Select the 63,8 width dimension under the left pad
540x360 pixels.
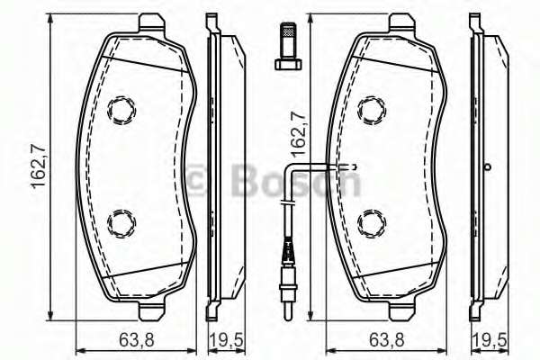139,341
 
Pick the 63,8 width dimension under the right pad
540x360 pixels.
388,341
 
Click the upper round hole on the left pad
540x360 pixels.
120,111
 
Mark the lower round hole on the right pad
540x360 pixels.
370,220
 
